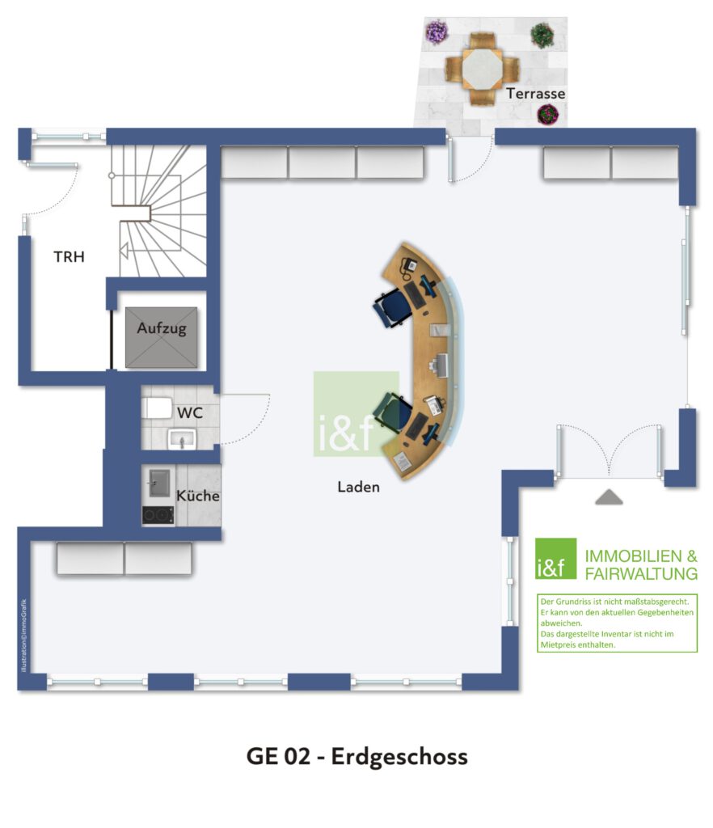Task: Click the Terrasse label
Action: tap(535, 94)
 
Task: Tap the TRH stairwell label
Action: tap(69, 257)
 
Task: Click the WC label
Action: tap(189, 412)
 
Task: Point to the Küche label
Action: tap(198, 496)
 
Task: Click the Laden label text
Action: tap(358, 487)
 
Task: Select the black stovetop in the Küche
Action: tap(158, 515)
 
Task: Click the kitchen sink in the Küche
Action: tap(157, 483)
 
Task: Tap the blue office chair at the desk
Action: tap(394, 307)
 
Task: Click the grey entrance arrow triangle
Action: tap(609, 496)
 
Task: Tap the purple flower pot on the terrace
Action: tap(437, 32)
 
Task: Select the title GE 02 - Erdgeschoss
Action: tap(356, 757)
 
